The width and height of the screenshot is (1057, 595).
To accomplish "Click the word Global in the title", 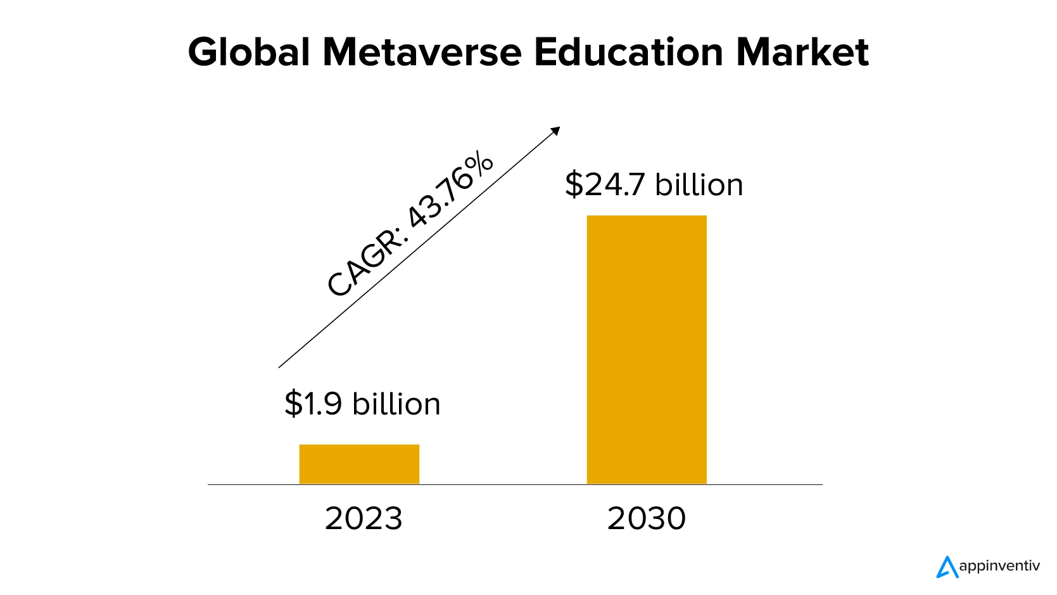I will (249, 52).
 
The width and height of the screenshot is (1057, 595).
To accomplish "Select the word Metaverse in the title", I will (422, 52).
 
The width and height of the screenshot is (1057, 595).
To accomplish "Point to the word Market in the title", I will (802, 52).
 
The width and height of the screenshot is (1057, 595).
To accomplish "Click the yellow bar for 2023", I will (359, 464).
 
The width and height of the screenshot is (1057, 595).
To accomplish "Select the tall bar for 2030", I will (647, 349).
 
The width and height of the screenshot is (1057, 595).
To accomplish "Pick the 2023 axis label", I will (364, 518).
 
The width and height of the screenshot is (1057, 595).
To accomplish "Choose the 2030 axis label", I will (647, 518).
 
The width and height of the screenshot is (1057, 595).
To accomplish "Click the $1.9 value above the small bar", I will (313, 404).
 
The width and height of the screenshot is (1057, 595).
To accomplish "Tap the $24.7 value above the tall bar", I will (604, 184).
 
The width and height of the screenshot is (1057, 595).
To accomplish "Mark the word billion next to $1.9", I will (396, 404).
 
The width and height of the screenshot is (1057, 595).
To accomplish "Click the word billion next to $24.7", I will (699, 184).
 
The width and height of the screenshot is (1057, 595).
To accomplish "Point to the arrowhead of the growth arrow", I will (556, 130).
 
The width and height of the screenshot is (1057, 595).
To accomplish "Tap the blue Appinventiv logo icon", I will (947, 567).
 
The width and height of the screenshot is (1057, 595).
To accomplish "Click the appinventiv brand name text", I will (999, 566).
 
